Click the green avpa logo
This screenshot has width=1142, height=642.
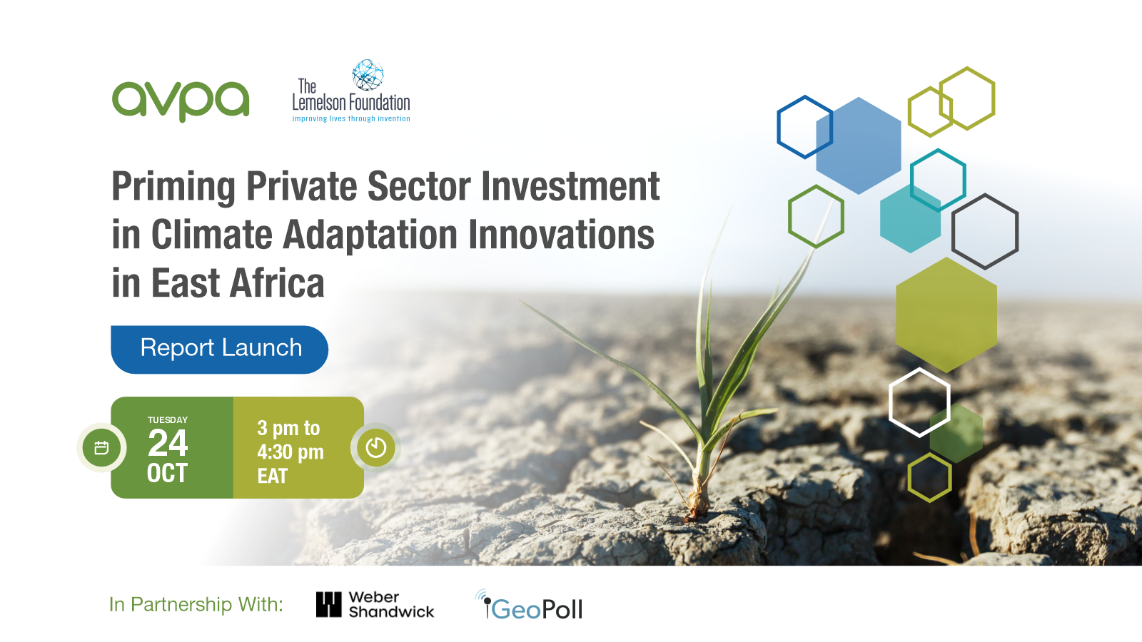click(x=181, y=101)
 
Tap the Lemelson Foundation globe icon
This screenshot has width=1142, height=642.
click(x=368, y=75)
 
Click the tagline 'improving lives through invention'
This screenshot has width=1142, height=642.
click(x=351, y=119)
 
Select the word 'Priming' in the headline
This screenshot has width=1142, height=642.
click(x=173, y=187)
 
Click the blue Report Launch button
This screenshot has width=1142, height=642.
click(x=220, y=350)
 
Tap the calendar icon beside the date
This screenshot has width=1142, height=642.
click(x=101, y=448)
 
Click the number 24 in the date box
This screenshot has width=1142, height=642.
click(x=168, y=444)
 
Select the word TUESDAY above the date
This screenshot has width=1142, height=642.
click(x=168, y=420)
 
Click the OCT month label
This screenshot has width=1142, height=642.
click(x=168, y=474)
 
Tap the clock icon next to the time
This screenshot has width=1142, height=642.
click(x=376, y=447)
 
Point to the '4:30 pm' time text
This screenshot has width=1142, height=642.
click(x=290, y=452)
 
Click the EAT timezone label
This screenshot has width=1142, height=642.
click(x=273, y=477)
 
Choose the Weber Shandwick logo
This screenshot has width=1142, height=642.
click(x=375, y=604)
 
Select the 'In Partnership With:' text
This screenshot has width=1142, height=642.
click(x=196, y=605)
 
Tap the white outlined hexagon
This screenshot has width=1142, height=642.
click(x=919, y=402)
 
